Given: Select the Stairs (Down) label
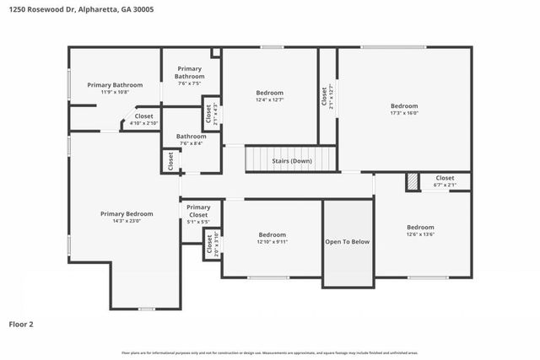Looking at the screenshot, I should [291, 160].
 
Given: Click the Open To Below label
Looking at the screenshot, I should [348, 241].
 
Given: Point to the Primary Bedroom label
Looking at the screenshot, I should [127, 213].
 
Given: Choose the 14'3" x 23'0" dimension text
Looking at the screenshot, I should [127, 221].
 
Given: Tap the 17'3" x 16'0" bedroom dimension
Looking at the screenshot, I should [404, 112].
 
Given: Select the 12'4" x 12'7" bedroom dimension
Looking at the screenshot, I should [270, 99].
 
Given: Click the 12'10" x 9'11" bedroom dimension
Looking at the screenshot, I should [272, 242].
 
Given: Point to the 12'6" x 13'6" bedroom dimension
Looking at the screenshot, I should [420, 234].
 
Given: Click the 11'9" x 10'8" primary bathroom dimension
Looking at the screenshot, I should [115, 91].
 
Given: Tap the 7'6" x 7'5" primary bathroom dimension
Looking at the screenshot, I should [190, 83].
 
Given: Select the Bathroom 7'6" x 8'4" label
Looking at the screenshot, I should [191, 139].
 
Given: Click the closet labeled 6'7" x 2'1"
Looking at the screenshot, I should [445, 180].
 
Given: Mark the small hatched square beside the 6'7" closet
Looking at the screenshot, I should [412, 181].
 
